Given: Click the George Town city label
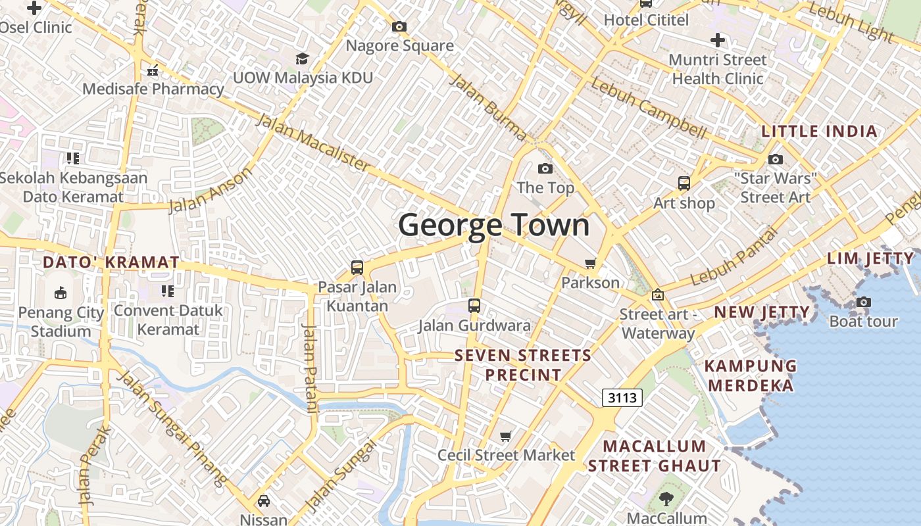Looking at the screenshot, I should (x=494, y=225).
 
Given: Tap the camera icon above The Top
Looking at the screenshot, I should (x=545, y=169).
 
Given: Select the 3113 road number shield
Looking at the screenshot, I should (x=622, y=397).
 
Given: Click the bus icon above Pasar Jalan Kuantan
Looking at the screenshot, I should (x=357, y=268).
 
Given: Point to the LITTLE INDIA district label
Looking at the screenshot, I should (x=819, y=131).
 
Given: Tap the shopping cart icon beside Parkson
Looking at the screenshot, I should (x=591, y=264).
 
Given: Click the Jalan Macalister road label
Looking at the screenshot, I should (x=312, y=143).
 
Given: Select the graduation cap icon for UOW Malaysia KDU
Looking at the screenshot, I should (x=302, y=59).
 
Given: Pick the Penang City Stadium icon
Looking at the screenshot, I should (x=61, y=293).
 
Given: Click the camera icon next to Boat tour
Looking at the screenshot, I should (x=863, y=302).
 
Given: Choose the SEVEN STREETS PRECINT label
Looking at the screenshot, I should (x=523, y=365).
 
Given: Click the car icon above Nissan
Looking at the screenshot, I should (x=263, y=501).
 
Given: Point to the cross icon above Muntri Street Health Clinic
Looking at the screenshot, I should (x=718, y=41).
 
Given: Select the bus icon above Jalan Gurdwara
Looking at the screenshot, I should (x=474, y=306).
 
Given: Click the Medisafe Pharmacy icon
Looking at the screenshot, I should (x=153, y=70).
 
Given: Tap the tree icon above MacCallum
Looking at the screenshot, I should (x=666, y=499).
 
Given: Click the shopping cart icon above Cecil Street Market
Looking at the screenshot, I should (x=506, y=437).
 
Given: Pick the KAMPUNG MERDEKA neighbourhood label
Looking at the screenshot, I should (x=752, y=375).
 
